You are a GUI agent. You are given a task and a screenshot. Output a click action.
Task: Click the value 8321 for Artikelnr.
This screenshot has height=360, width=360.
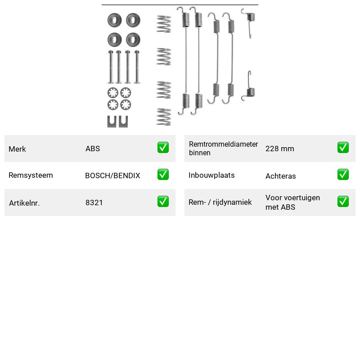pyautogui.click(x=94, y=202)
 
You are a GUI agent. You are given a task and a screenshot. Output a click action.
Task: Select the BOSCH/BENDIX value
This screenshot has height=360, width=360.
pyautogui.click(x=112, y=175)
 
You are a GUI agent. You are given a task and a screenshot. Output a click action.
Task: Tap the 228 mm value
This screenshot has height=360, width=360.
pyautogui.click(x=279, y=148)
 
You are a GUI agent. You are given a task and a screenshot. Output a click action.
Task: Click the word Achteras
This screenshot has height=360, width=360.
pyautogui.click(x=280, y=176)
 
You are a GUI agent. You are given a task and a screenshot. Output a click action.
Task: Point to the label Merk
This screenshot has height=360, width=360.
pyautogui.click(x=17, y=149)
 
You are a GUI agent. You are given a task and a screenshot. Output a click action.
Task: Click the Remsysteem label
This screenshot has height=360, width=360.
pyautogui.click(x=31, y=175)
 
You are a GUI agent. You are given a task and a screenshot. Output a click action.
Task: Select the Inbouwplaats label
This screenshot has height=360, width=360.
pyautogui.click(x=211, y=175)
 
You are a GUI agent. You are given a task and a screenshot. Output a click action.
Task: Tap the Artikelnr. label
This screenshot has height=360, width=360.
pyautogui.click(x=24, y=203)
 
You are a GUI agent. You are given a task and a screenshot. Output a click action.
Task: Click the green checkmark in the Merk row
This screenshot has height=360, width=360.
pyautogui.click(x=163, y=148)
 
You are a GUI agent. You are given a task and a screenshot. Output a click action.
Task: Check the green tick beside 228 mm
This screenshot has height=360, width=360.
pyautogui.click(x=343, y=148)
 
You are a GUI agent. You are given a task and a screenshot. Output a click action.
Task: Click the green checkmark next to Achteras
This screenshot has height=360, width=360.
pyautogui.click(x=343, y=175)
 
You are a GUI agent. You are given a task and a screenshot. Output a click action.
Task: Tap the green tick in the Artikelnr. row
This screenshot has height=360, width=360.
pyautogui.click(x=163, y=202)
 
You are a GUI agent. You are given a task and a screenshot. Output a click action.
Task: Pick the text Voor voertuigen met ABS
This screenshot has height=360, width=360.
pyautogui.click(x=292, y=202)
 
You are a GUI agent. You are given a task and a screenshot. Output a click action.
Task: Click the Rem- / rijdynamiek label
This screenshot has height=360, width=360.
pyautogui.click(x=220, y=202)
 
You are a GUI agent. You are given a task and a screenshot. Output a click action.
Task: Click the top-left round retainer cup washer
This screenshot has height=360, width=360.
pyautogui.click(x=115, y=20)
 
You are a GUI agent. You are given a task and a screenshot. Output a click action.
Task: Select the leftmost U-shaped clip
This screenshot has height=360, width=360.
pyautogui.click(x=112, y=121)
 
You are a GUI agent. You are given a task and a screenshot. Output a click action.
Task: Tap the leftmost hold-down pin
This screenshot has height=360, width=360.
pyautogui.click(x=111, y=67)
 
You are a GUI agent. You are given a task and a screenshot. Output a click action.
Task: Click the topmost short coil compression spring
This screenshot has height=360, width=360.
pyautogui.click(x=164, y=24)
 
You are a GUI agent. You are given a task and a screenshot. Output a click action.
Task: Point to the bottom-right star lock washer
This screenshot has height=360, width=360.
pyautogui.click(x=126, y=105)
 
